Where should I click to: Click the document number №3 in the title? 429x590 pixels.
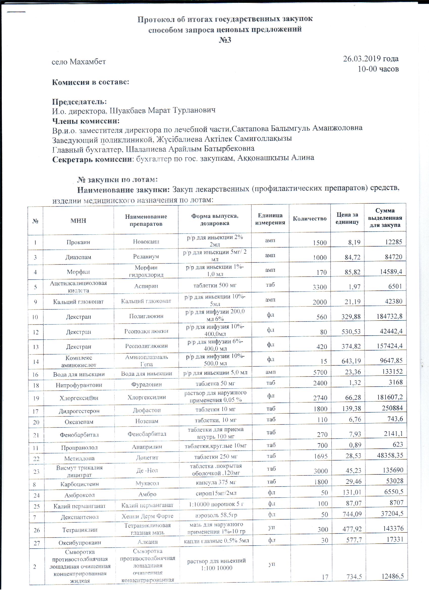[x=225, y=40]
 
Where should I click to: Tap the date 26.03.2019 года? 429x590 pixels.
[x=371, y=59]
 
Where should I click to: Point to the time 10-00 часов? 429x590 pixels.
[x=378, y=69]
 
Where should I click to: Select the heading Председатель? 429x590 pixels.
[x=79, y=101]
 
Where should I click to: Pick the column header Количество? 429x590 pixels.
[x=310, y=219]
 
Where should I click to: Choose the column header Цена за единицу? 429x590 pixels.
[x=347, y=218]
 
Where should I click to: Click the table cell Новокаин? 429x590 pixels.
[x=146, y=242]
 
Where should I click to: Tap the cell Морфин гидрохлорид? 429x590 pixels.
[x=146, y=271]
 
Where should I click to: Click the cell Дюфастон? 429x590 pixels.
[x=146, y=410]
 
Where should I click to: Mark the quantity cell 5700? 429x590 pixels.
[x=320, y=372]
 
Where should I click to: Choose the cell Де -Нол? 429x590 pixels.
[x=147, y=470]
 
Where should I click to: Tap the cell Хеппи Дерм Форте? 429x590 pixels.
[x=147, y=516]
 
